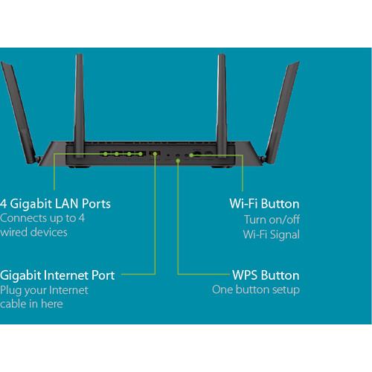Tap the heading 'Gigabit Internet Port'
click(57, 275)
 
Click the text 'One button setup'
click(256, 289)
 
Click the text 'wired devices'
click(33, 232)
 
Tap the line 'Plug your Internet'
click(44, 289)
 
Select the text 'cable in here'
click(31, 304)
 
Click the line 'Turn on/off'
click(272, 219)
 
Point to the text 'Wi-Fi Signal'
click(272, 235)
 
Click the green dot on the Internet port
click(155, 154)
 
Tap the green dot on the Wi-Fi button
click(192, 155)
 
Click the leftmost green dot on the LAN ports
click(105, 154)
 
